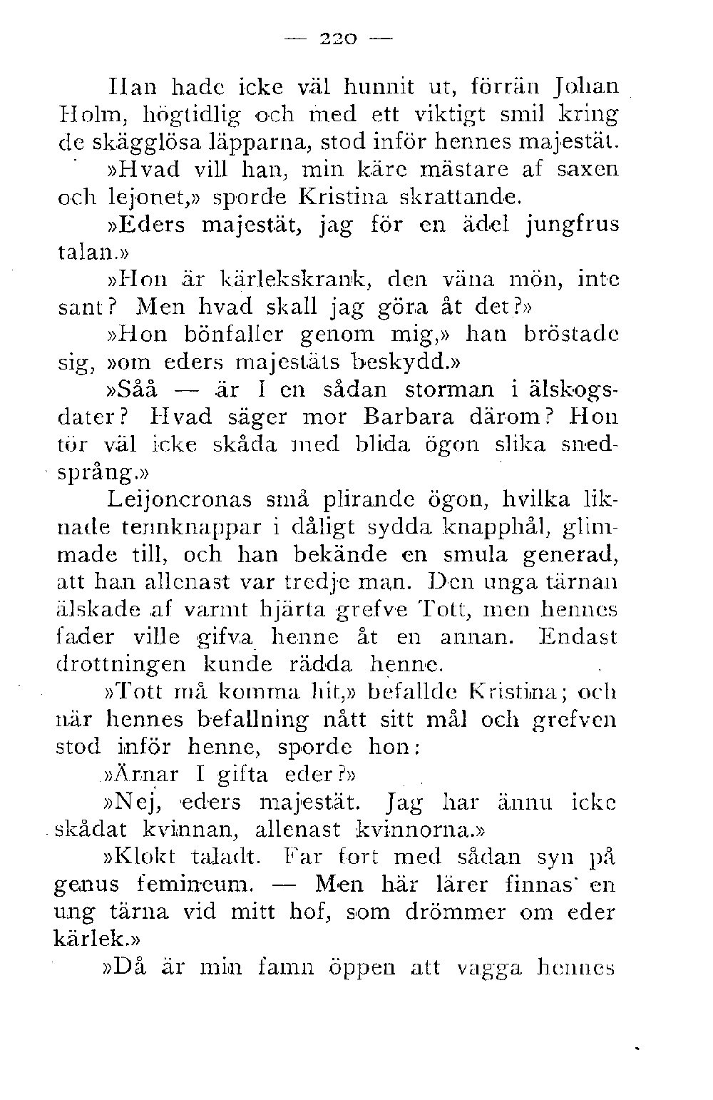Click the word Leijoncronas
pyautogui.click(x=180, y=501)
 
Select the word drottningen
pyautogui.click(x=120, y=665)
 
